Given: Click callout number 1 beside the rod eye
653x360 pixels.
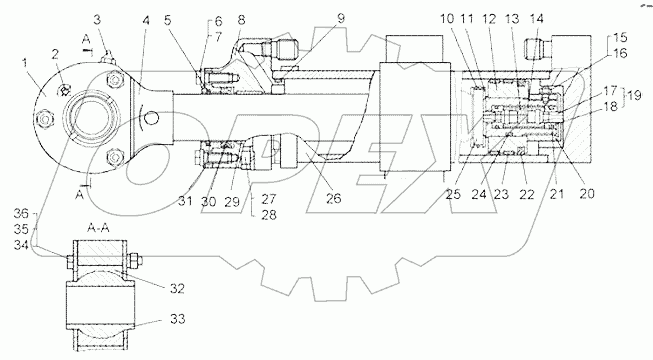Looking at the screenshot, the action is (25, 63).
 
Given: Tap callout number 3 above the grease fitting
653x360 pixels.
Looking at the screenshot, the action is (97, 20).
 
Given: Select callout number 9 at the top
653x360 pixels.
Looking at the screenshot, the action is (341, 19).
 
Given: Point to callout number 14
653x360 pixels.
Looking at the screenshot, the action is (537, 19).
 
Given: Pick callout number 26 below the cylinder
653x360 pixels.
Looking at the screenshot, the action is (333, 198).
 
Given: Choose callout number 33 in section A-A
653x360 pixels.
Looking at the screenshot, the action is (177, 320).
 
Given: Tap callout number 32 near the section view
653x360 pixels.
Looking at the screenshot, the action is (177, 288).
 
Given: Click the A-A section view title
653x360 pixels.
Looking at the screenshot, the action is (98, 228).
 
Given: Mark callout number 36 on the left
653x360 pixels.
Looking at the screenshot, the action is (21, 214).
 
